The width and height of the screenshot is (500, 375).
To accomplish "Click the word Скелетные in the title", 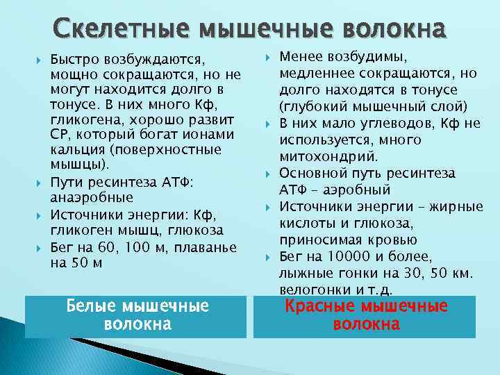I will point(123,29).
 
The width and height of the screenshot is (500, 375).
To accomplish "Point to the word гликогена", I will point(81,119).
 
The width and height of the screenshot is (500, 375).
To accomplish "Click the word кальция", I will point(76,149).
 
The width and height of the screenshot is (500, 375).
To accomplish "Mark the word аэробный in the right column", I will point(358,190).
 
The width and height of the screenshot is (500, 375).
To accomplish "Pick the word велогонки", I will point(310,288).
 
